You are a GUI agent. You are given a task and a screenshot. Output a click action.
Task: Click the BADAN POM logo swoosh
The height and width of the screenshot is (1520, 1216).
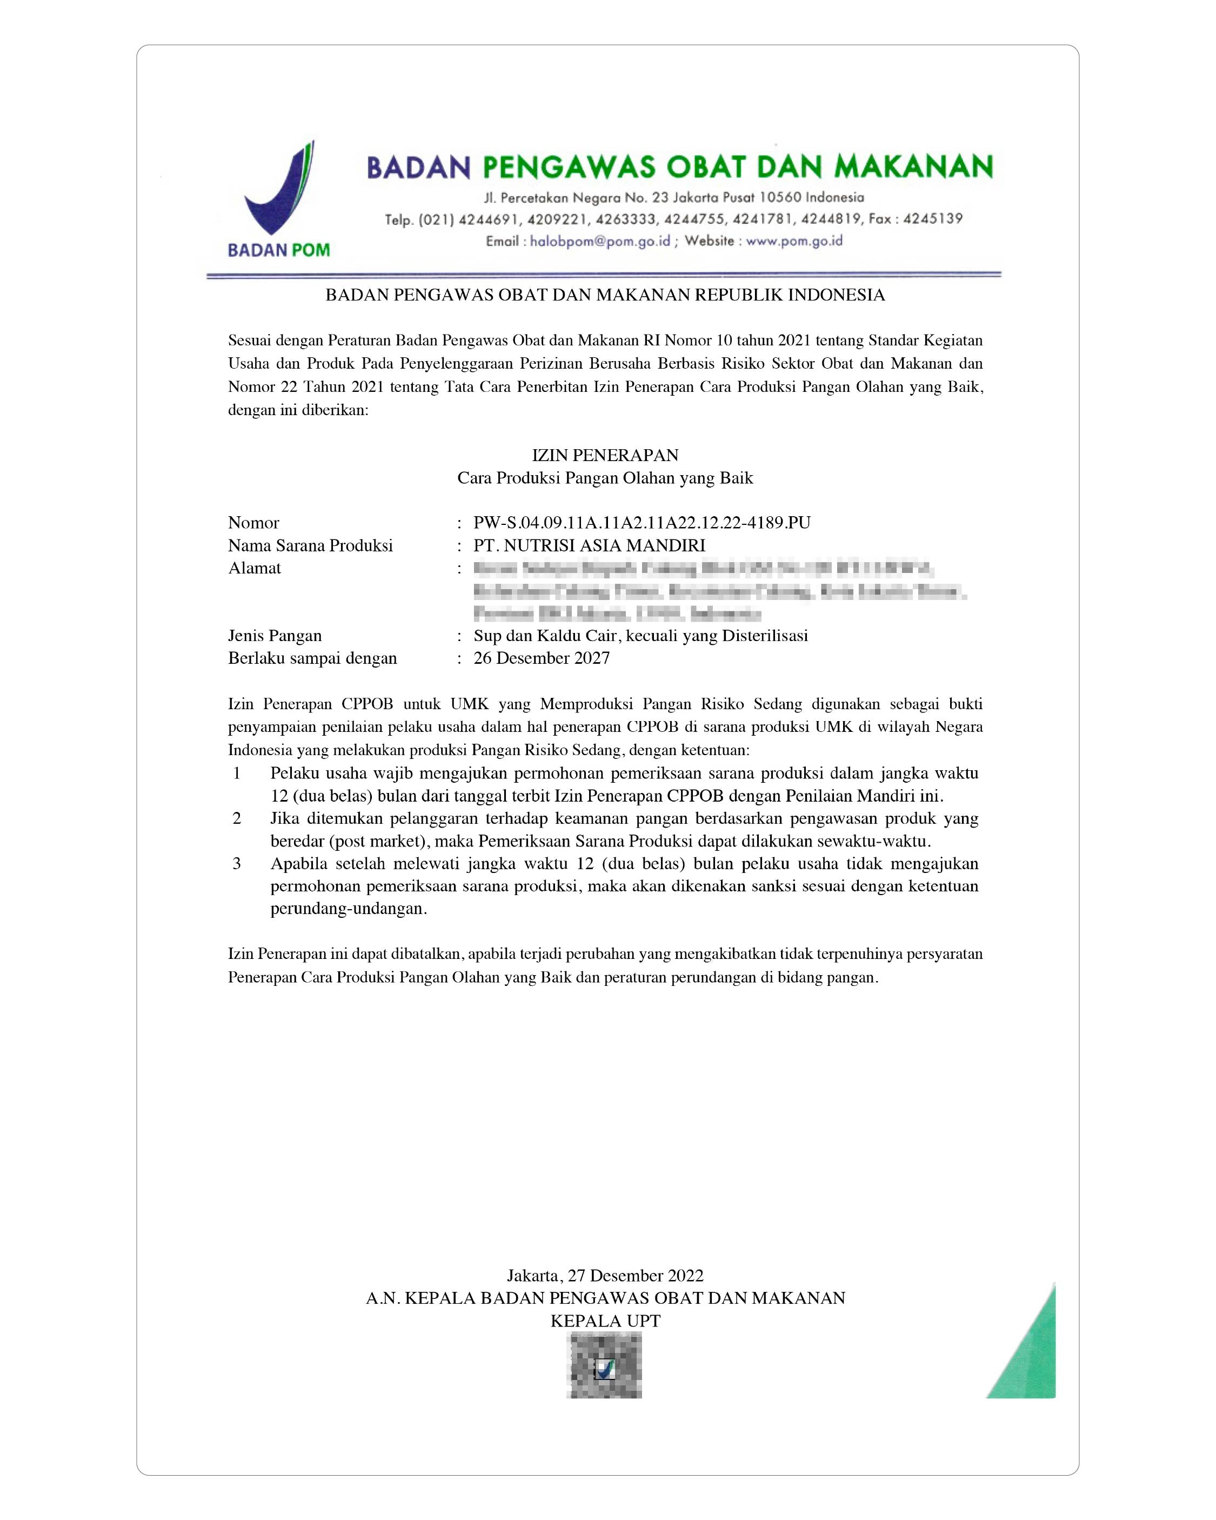pos(278,194)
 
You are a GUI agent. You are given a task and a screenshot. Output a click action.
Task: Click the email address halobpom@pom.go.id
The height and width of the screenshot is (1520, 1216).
pos(599,241)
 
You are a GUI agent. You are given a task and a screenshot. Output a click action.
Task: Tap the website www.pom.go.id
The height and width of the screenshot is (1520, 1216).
pos(794,241)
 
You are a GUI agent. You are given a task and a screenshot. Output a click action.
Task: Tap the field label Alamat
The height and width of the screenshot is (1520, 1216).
pos(255,568)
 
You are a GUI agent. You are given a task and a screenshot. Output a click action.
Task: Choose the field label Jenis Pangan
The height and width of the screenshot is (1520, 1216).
pos(275,636)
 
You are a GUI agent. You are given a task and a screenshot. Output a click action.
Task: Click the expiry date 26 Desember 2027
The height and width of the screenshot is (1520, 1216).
pos(542,658)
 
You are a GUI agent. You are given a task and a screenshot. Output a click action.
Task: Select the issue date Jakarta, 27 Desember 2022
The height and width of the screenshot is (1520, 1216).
pos(605,1275)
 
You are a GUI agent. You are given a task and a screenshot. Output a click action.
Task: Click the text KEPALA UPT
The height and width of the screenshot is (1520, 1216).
pos(605,1321)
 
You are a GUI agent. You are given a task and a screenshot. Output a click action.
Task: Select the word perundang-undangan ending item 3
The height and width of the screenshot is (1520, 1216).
pos(348,909)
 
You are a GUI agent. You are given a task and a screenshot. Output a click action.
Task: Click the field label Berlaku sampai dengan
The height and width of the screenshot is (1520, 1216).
pos(312,658)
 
